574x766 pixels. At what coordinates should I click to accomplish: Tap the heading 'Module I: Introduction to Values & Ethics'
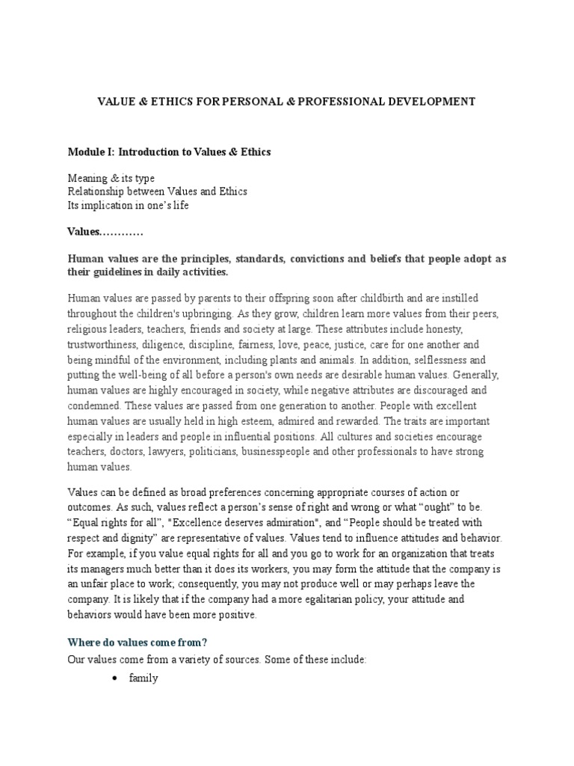pyautogui.click(x=169, y=152)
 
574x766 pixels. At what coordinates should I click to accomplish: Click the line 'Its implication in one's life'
pyautogui.click(x=128, y=205)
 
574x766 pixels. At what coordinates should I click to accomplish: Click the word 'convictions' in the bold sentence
pyautogui.click(x=324, y=259)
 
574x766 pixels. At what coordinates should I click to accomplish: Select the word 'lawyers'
pyautogui.click(x=173, y=453)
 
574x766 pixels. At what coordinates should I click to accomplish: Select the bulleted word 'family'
pyautogui.click(x=143, y=679)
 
